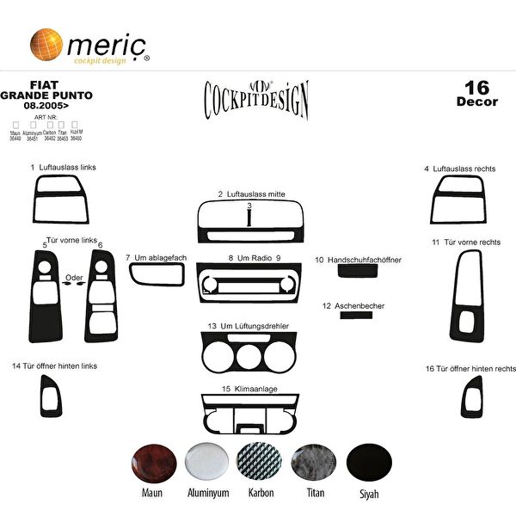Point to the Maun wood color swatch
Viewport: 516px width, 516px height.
(x=151, y=463)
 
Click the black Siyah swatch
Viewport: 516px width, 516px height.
(x=367, y=463)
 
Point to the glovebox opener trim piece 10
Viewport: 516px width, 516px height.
(x=354, y=271)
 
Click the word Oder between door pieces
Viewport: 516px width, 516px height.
(x=74, y=278)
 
